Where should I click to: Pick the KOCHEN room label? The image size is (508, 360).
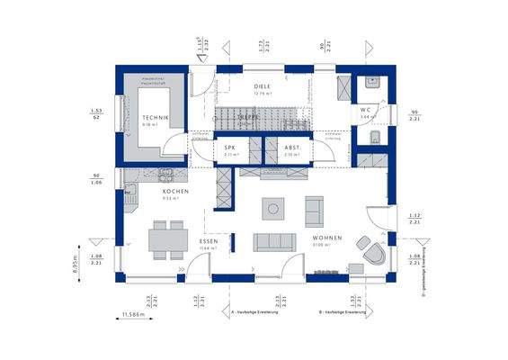[174, 192]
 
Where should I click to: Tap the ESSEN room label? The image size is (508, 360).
[208, 242]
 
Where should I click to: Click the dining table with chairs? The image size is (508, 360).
[166, 240]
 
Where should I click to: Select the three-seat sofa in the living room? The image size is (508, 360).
[272, 241]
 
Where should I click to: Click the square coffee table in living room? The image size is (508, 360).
[272, 209]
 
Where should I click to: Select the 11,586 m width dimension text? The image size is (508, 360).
[134, 315]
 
